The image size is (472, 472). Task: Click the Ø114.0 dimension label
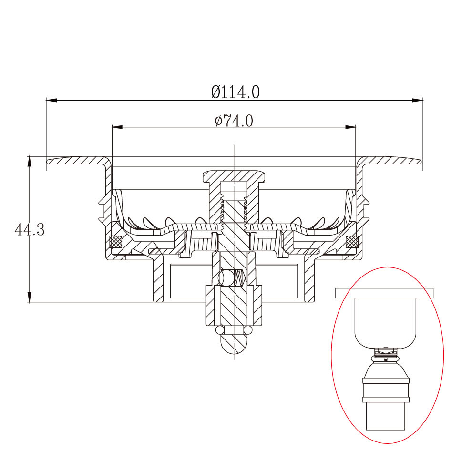tap(235, 92)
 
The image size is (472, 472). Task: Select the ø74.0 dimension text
tap(234, 121)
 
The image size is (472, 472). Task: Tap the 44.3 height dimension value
tap(30, 230)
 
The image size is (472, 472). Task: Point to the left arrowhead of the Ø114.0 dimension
tap(52, 100)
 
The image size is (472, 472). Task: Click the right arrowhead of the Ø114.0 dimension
tap(417, 100)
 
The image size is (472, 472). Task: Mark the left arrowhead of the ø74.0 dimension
tap(117, 127)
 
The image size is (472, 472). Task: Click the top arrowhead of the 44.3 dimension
tap(29, 162)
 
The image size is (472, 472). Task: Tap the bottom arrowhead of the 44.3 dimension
tap(29, 297)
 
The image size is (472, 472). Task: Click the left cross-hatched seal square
tap(116, 241)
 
